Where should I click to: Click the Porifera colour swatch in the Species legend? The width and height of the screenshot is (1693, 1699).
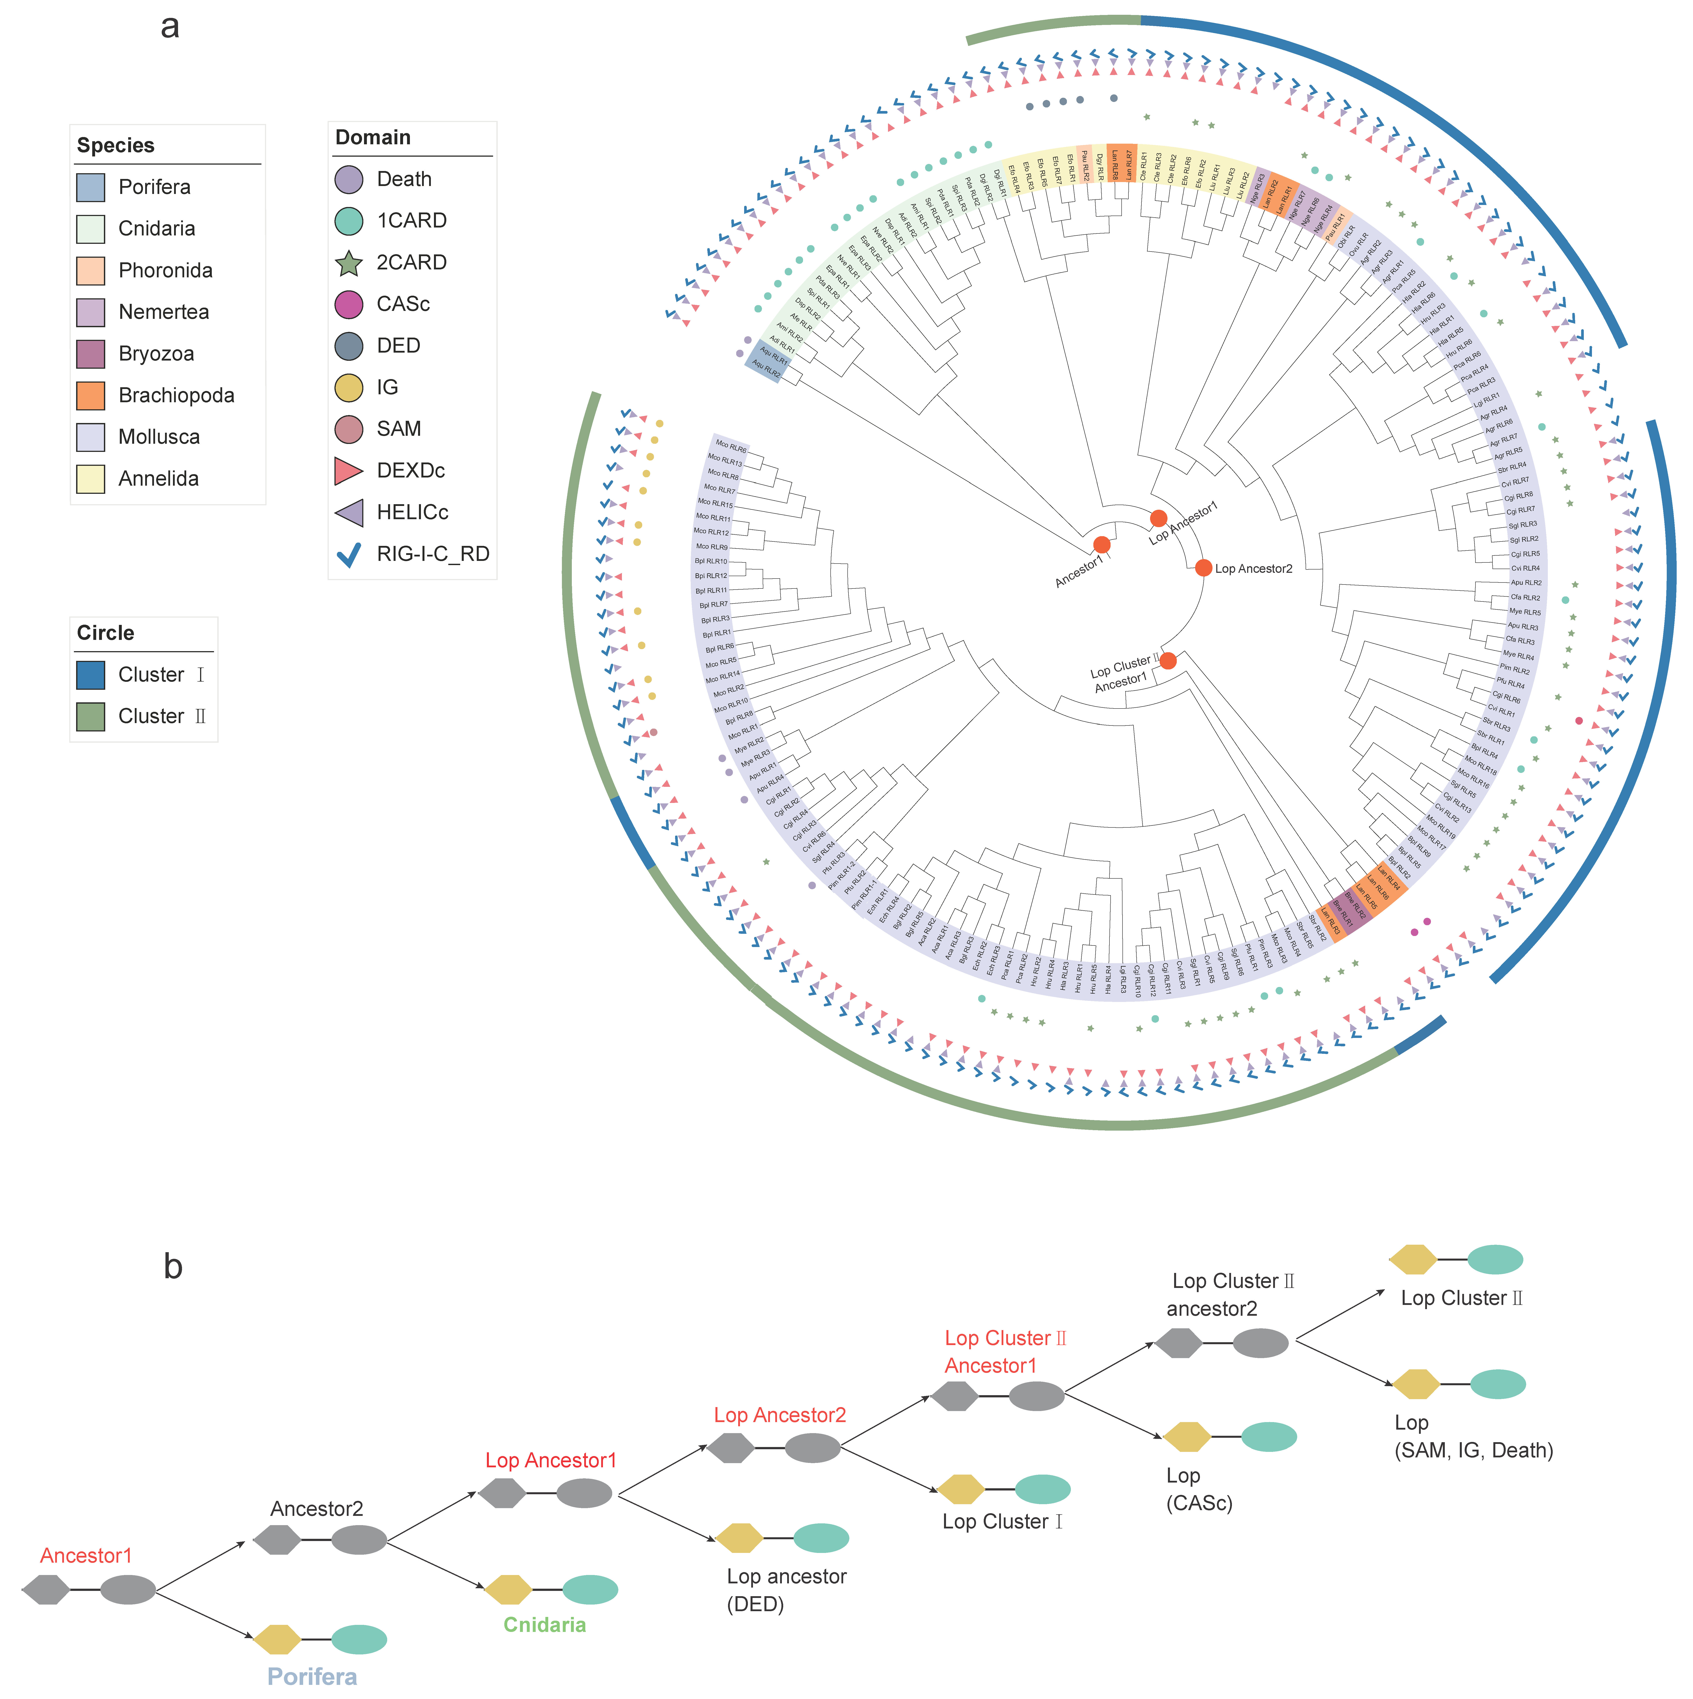(x=91, y=187)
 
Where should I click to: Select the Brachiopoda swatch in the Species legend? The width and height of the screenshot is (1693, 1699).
(x=91, y=396)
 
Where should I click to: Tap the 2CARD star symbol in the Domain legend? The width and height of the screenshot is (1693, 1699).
(x=349, y=263)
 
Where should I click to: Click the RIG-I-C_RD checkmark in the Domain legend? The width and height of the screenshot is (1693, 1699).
(x=349, y=554)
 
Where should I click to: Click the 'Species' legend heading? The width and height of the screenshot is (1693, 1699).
(x=115, y=145)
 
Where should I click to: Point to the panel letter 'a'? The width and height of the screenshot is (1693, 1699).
(x=170, y=26)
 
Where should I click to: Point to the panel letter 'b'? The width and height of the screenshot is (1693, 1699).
(x=173, y=1266)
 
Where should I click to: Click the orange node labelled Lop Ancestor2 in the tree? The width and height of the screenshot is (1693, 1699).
(x=1203, y=568)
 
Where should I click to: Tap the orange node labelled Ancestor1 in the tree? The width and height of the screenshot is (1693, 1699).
(x=1101, y=545)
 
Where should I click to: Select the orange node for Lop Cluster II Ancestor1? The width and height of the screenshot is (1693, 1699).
(x=1168, y=660)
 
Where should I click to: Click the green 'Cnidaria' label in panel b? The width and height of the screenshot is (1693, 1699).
(x=544, y=1624)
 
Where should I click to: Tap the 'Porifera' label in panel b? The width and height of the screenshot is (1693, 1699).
(x=312, y=1676)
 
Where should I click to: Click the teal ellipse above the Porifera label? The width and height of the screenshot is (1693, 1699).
(x=359, y=1639)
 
